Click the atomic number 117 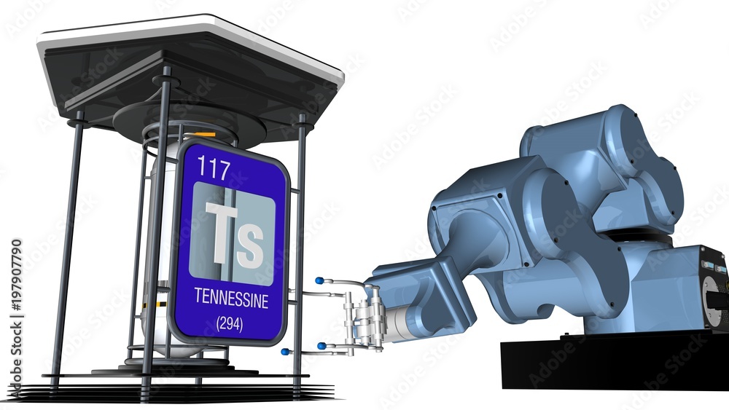(x=214, y=168)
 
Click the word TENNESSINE (x=231, y=299)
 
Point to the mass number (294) (x=230, y=324)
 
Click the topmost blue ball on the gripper (x=319, y=280)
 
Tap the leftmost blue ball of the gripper (x=284, y=352)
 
